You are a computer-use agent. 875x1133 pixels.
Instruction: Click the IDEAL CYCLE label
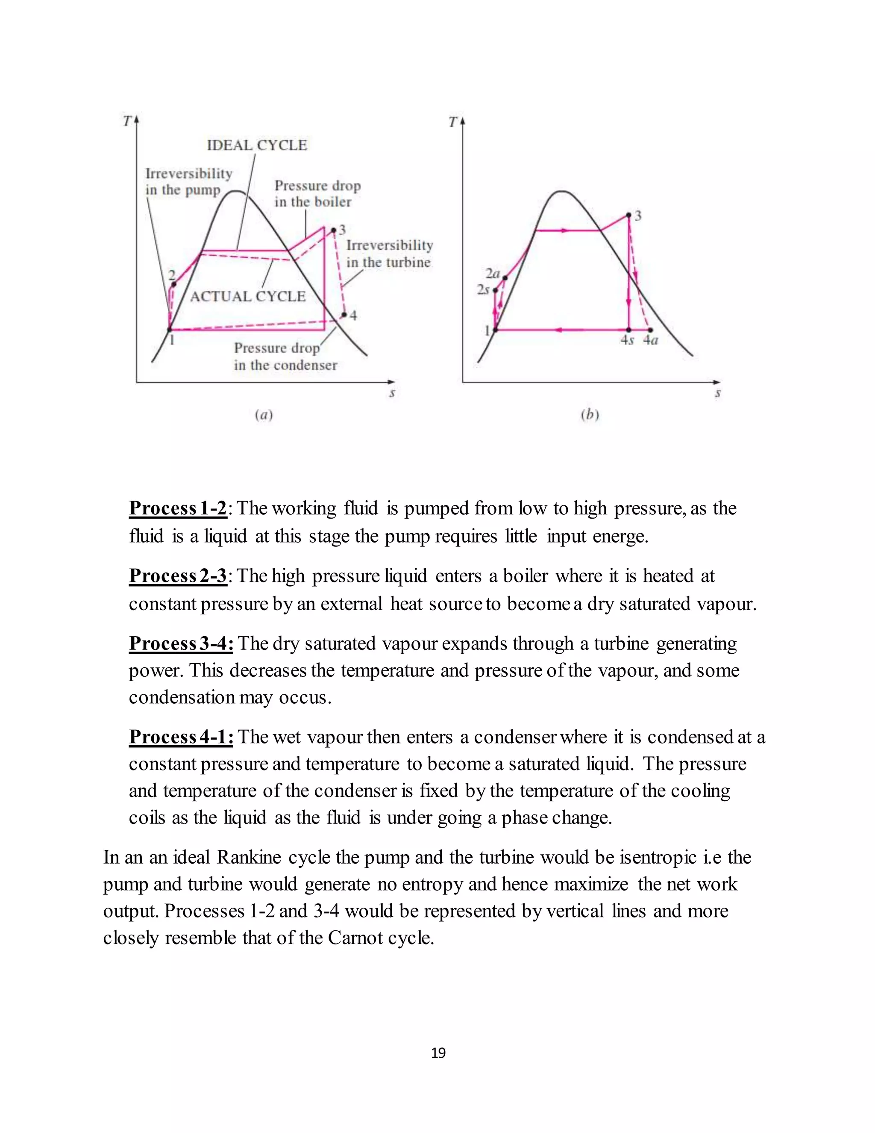257,145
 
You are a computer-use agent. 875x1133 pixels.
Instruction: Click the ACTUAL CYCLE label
248,297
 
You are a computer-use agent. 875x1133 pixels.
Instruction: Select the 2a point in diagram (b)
505,278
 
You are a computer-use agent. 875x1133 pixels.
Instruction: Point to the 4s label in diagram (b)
627,340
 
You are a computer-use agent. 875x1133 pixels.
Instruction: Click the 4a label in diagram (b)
651,340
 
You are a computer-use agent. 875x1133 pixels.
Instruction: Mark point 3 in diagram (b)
629,215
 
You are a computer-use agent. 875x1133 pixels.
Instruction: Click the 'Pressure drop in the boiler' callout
317,194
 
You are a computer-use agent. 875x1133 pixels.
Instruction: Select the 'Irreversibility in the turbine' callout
389,254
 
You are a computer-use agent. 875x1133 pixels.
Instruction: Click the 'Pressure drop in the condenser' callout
285,357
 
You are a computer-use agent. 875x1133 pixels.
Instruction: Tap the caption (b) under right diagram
590,415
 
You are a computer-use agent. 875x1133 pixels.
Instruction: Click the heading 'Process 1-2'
178,508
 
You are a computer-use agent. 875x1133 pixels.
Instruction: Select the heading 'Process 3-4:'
180,644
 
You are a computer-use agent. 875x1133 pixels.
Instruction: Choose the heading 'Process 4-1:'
180,737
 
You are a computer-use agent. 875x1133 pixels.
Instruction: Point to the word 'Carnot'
350,938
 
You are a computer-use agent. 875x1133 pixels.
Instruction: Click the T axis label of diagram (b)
452,122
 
